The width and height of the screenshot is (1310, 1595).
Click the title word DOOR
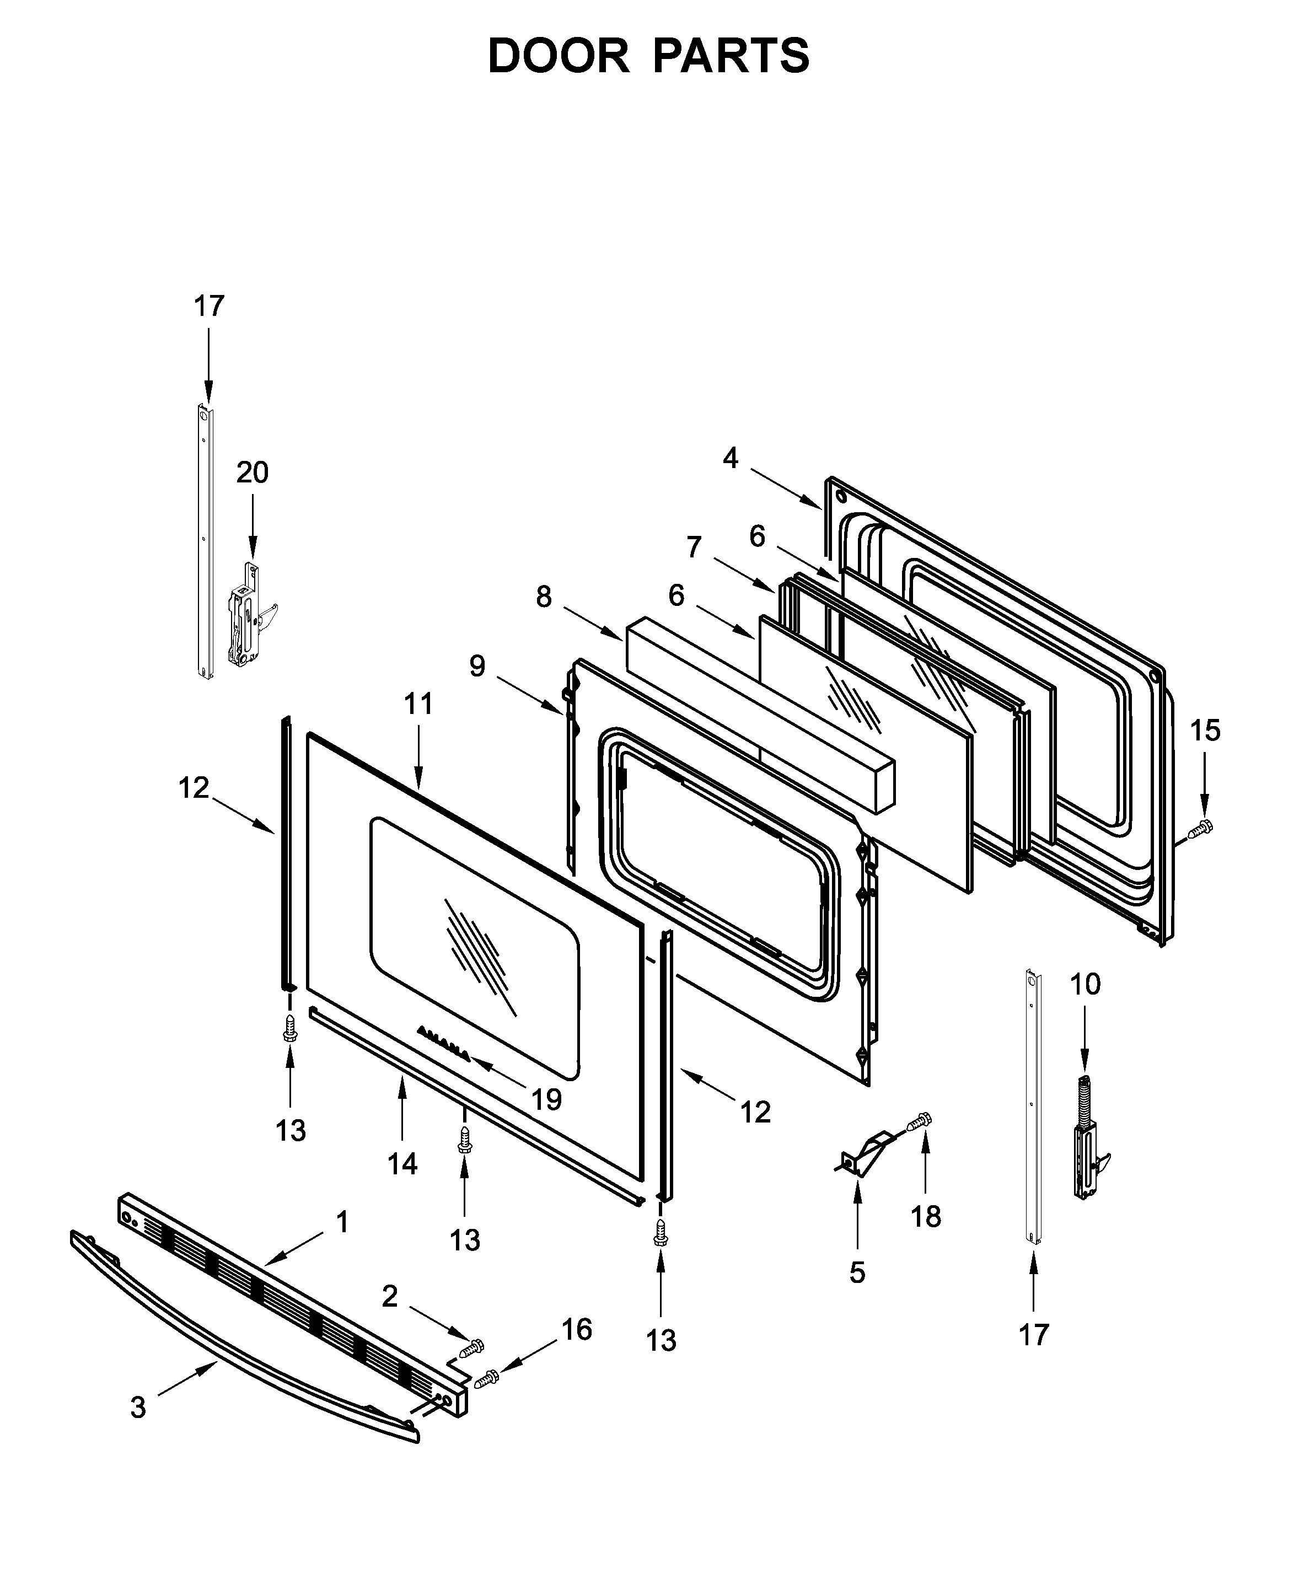(559, 57)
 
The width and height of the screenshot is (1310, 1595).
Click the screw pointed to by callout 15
(1200, 830)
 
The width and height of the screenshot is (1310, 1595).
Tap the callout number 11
(419, 704)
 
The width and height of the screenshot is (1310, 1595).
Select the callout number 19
(546, 1099)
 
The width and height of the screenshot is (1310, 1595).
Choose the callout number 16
(577, 1329)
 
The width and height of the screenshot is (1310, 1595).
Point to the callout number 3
(138, 1407)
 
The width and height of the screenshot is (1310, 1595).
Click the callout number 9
(477, 666)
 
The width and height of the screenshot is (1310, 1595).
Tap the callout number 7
(694, 547)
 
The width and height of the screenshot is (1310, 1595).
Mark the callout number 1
(342, 1222)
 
